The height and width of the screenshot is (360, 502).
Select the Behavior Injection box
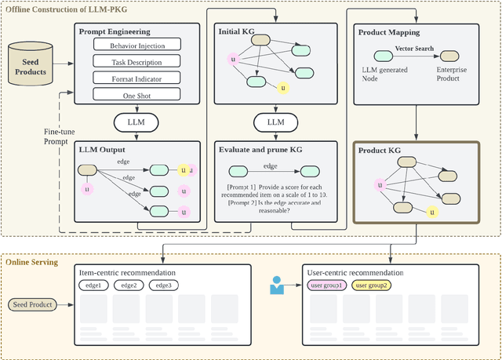pyautogui.click(x=136, y=46)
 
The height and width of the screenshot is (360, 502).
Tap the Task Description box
pyautogui.click(x=136, y=63)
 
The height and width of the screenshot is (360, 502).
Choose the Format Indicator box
pyautogui.click(x=136, y=78)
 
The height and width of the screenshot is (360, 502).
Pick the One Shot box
pyautogui.click(x=136, y=94)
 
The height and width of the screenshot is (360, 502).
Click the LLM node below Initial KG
pyautogui.click(x=276, y=122)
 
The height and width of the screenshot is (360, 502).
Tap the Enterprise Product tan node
pyautogui.click(x=449, y=56)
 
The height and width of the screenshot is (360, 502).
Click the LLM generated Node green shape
pyautogui.click(x=384, y=56)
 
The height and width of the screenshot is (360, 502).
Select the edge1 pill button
pyautogui.click(x=93, y=285)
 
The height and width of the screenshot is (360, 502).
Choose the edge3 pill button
pyautogui.click(x=162, y=285)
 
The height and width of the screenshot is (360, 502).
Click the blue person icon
pyautogui.click(x=277, y=285)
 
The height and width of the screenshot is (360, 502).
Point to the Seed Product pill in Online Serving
pyautogui.click(x=31, y=304)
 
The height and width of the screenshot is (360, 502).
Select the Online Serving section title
pyautogui.click(x=33, y=262)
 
